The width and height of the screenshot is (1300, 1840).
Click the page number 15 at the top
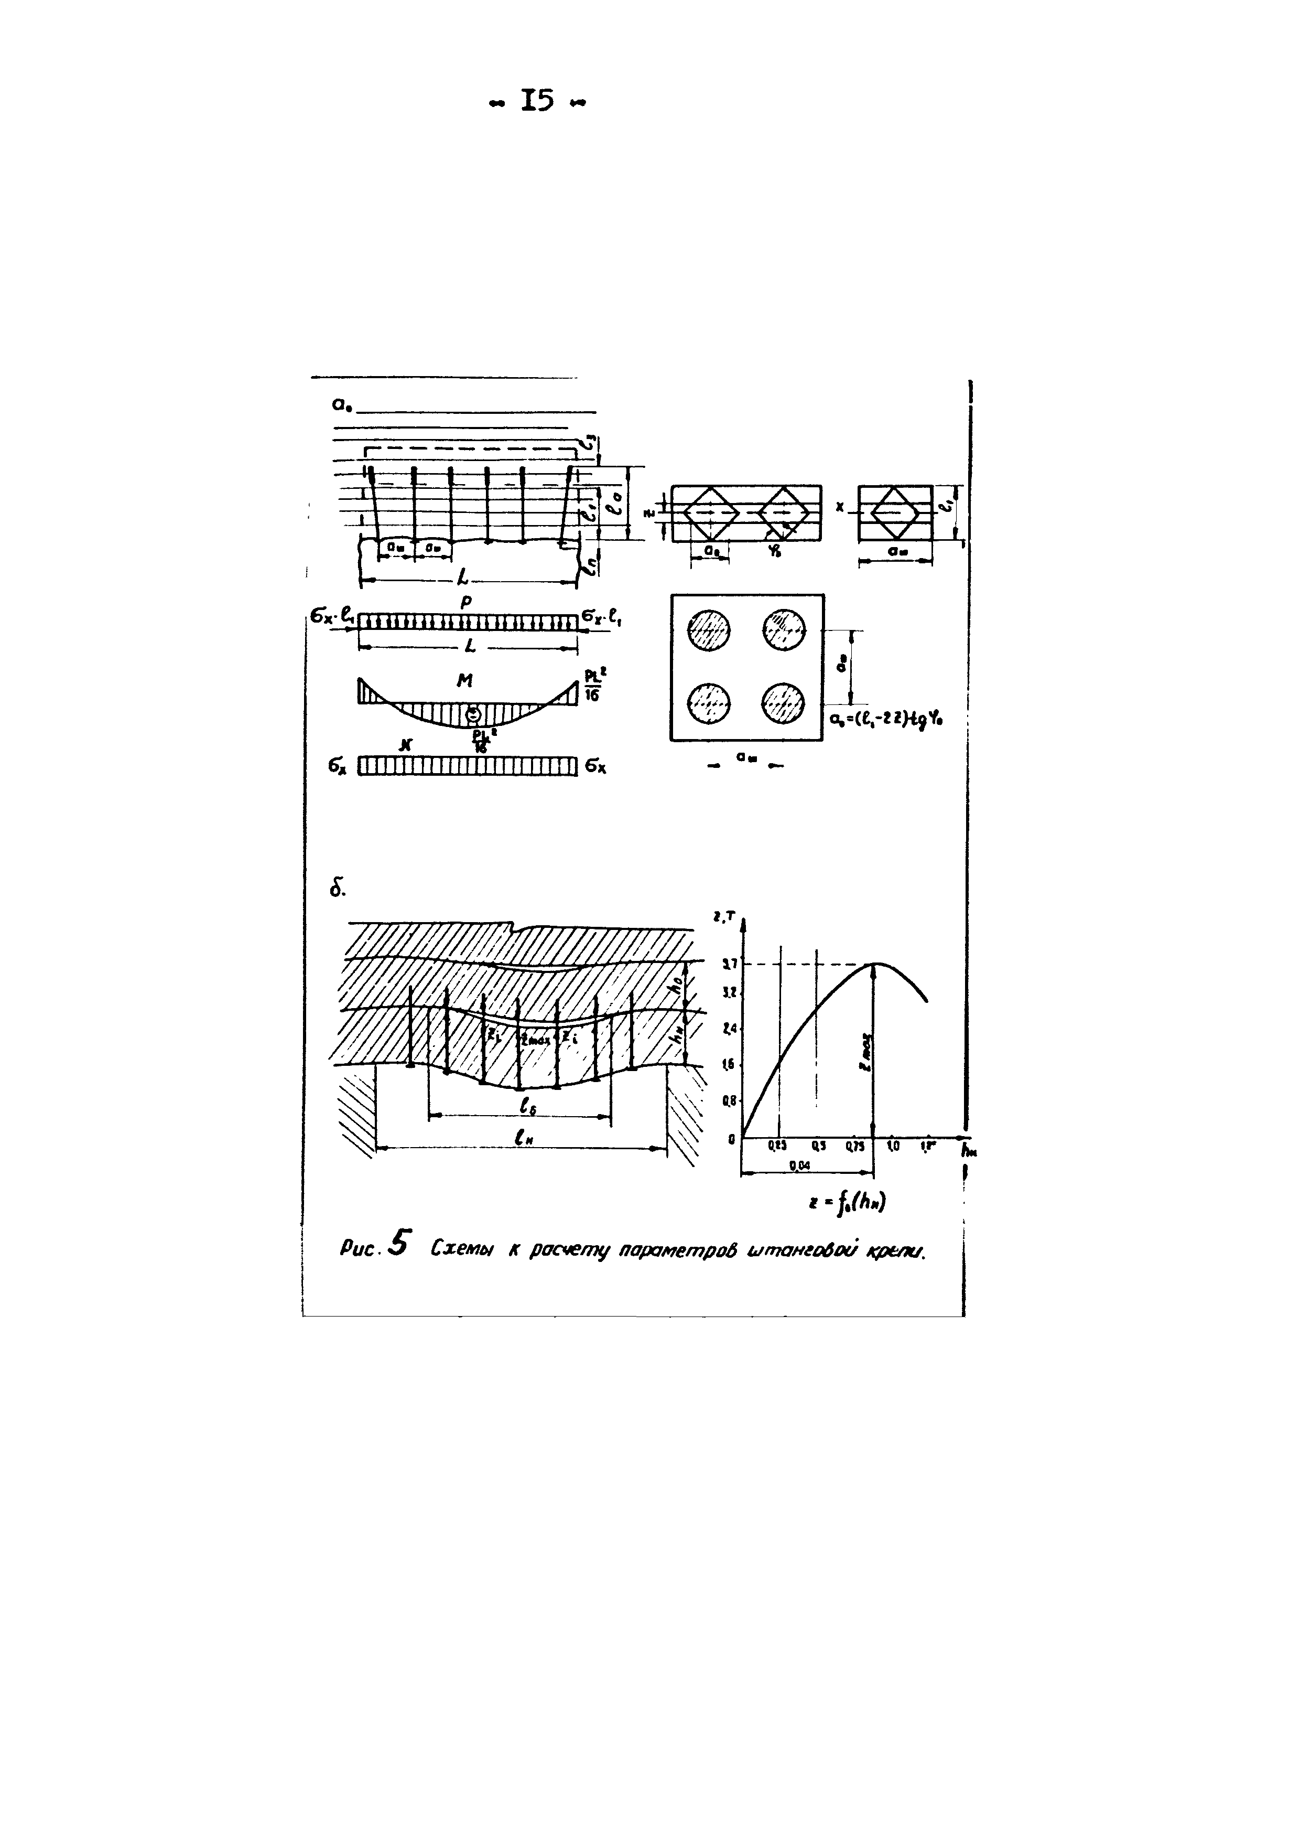(x=537, y=101)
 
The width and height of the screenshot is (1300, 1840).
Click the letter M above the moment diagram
(x=464, y=680)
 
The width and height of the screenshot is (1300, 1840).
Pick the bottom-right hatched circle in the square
(x=783, y=703)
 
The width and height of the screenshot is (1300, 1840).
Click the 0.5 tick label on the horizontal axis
(x=818, y=1146)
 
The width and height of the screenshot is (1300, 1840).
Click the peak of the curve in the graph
(x=878, y=964)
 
